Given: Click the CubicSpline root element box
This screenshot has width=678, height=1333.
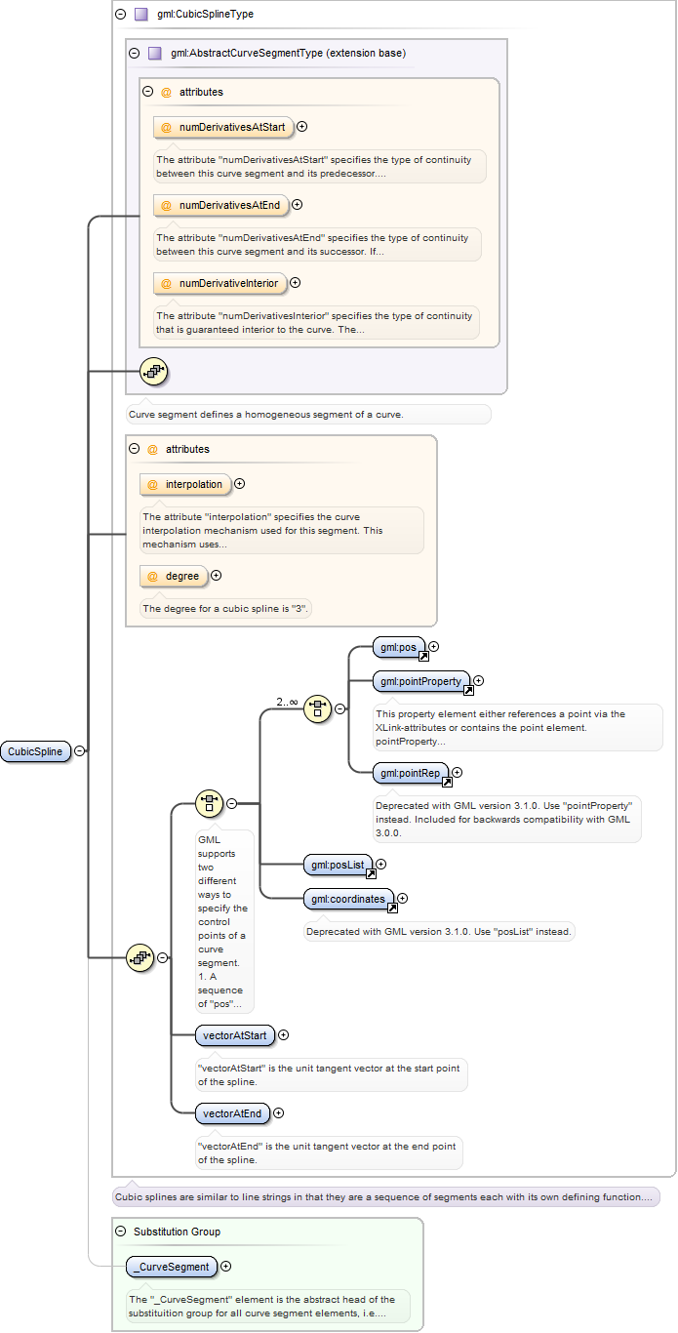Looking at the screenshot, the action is [x=36, y=751].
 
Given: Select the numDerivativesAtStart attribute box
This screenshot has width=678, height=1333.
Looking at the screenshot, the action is [x=223, y=128].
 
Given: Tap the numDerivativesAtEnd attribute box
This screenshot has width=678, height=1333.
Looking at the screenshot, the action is [x=221, y=205].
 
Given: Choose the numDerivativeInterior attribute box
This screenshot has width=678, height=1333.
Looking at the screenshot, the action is [x=220, y=283].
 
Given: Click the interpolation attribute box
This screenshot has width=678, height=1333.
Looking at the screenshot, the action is [x=185, y=484].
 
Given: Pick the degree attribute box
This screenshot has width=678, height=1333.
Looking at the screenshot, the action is [x=174, y=576].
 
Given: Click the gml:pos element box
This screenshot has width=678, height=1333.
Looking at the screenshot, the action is [x=399, y=647].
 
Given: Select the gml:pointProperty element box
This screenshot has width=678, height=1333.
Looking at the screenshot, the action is [x=421, y=681].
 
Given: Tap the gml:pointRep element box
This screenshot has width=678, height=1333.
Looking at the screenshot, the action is [x=411, y=773].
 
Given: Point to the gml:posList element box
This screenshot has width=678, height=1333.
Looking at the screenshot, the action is [x=339, y=865].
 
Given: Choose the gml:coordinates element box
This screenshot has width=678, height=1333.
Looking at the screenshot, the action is [x=349, y=899].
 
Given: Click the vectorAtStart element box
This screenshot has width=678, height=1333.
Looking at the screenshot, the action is [x=235, y=1035].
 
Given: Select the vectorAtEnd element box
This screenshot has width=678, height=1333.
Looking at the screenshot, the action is [x=233, y=1113].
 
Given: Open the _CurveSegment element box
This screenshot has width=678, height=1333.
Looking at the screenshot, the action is [x=172, y=1267].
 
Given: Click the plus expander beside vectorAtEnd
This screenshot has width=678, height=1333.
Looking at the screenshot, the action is [x=278, y=1112].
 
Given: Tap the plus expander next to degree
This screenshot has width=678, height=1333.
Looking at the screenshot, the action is [x=217, y=576].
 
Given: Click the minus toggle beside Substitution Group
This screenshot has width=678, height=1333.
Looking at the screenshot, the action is [x=121, y=1232].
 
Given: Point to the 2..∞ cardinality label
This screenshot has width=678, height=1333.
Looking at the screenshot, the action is [x=287, y=703].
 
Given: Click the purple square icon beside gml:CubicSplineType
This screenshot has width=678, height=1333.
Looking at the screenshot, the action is [x=140, y=14].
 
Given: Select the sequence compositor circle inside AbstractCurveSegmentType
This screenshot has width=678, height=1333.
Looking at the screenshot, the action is [x=154, y=372].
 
